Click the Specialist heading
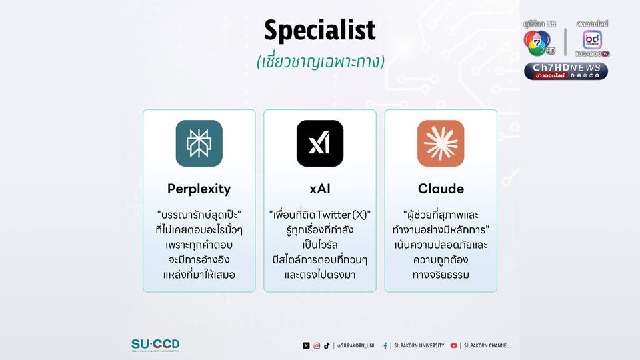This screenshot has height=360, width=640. pyautogui.click(x=319, y=30)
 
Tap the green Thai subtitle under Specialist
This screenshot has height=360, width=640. pyautogui.click(x=321, y=62)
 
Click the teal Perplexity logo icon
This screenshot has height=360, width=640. pyautogui.click(x=199, y=143)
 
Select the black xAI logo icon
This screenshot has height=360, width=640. pyautogui.click(x=320, y=143)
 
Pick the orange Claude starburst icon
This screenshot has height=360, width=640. pyautogui.click(x=441, y=143)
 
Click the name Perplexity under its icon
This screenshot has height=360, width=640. pyautogui.click(x=199, y=189)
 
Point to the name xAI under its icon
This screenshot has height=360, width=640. pyautogui.click(x=320, y=189)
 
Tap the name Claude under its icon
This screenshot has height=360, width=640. pyautogui.click(x=441, y=189)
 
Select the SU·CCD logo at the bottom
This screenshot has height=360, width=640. pyautogui.click(x=155, y=345)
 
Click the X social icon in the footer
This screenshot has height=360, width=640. pyautogui.click(x=306, y=346)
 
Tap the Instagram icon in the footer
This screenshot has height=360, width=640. pyautogui.click(x=317, y=346)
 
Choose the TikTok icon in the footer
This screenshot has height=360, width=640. pyautogui.click(x=327, y=346)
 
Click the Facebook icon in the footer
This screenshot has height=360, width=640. pyautogui.click(x=385, y=346)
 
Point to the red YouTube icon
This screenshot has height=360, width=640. pyautogui.click(x=453, y=346)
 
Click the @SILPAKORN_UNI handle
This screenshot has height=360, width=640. pyautogui.click(x=355, y=346)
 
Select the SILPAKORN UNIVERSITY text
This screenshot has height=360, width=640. pyautogui.click(x=419, y=346)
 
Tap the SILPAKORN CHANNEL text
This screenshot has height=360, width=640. pyautogui.click(x=486, y=346)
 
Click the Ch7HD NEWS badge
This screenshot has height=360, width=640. pyautogui.click(x=566, y=71)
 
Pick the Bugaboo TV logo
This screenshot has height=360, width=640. pyautogui.click(x=592, y=43)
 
